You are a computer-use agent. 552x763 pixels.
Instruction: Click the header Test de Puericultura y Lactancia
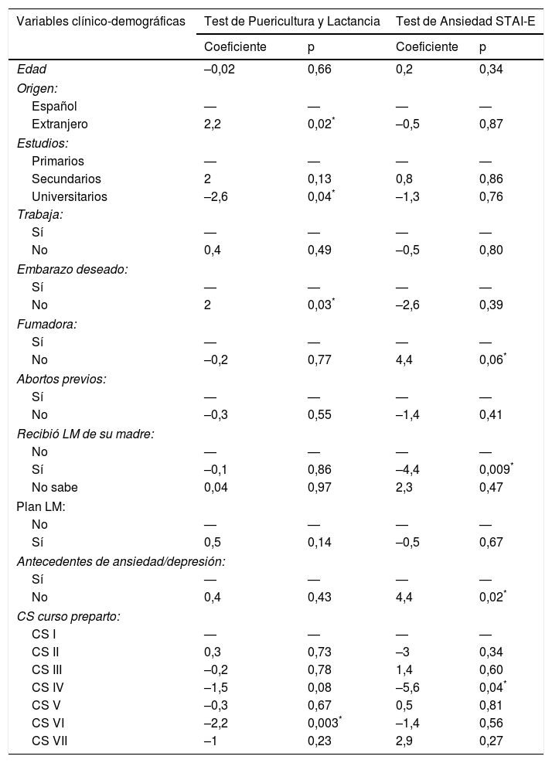(291, 21)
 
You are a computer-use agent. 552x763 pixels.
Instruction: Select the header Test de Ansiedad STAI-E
(465, 21)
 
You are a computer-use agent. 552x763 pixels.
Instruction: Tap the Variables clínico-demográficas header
(101, 21)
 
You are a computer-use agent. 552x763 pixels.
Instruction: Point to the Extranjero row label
(60, 124)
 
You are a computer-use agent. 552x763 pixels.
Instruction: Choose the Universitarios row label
(70, 196)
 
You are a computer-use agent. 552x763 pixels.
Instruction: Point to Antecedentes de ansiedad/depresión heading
(121, 560)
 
